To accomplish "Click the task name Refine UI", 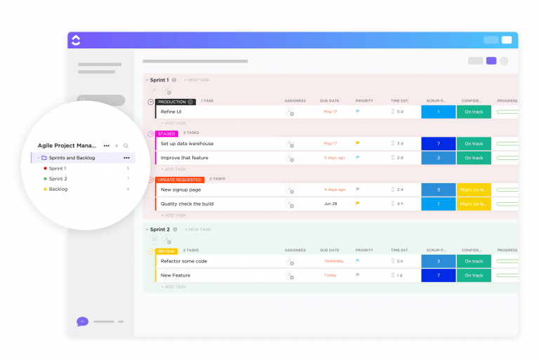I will coord(171,112).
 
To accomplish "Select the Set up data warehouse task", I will coord(187,144).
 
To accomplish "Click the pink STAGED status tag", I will coord(166,133).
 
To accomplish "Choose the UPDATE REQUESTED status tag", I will coord(180,180).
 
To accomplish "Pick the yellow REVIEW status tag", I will coord(166,251).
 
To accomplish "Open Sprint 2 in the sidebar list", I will coord(58,179).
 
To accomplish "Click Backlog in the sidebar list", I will coord(58,189).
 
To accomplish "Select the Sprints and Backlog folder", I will coord(72,158).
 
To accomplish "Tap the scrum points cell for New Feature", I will coord(438,276).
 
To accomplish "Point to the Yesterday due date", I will coord(333,261).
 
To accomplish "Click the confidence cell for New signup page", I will coord(474,190).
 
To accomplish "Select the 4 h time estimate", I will coord(399,204).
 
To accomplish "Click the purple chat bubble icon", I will coord(82,321).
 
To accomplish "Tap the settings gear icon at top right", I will coord(504,61).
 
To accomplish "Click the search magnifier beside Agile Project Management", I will coord(126,146).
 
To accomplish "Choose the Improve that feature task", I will coord(185,158).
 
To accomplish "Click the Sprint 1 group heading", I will coord(159,80).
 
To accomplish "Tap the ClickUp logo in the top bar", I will coord(76,40).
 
